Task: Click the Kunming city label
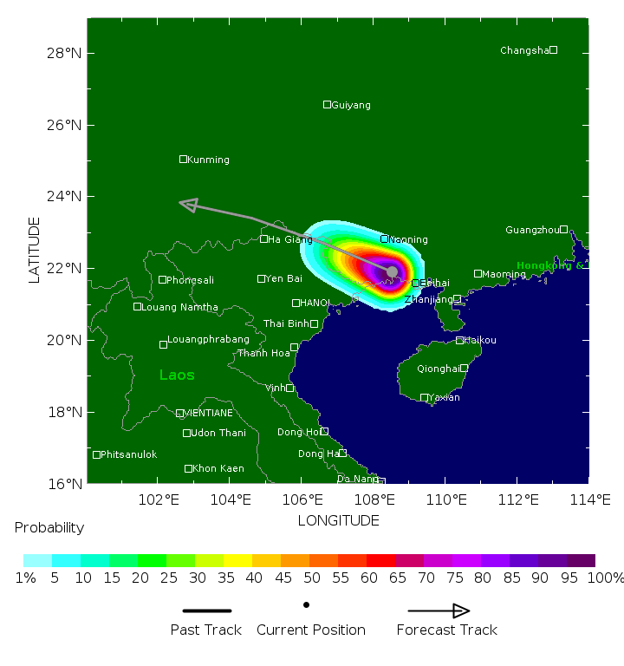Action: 208,160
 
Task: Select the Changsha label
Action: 524,50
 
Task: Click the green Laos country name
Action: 177,375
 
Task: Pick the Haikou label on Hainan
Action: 481,341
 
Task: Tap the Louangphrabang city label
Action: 208,339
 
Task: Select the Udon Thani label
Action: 218,433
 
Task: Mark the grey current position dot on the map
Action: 392,271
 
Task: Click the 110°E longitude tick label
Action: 446,499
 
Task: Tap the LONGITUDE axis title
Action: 338,520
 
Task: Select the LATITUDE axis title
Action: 35,250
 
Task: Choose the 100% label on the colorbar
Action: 605,578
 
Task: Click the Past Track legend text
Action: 205,630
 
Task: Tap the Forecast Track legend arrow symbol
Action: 439,610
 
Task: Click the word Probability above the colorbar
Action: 49,527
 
